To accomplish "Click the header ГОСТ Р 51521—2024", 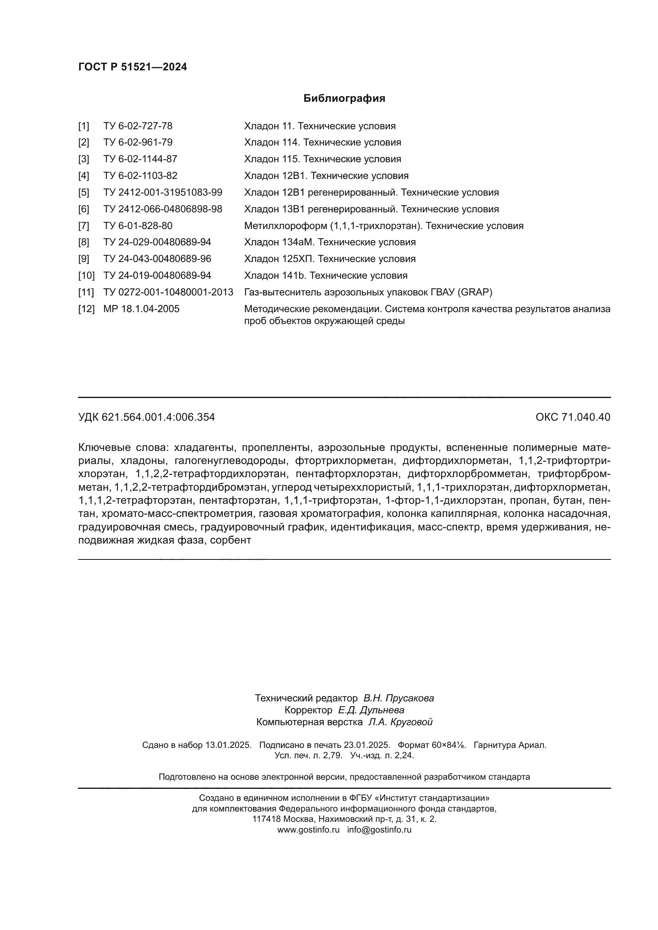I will (132, 67).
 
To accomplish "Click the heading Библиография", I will (344, 99).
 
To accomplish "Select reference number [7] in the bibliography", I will (84, 225).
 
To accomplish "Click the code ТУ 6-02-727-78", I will (138, 126).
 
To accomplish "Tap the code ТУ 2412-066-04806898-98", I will (162, 209).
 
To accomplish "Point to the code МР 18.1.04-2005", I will (141, 309).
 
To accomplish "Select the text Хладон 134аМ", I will (279, 242).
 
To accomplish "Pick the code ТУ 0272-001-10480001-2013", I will (168, 292).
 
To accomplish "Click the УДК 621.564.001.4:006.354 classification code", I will (146, 417).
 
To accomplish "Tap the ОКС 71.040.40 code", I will (572, 417).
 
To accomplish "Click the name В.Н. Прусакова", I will (398, 698).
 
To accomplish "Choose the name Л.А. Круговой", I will (400, 721).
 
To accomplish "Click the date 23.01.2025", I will (366, 745).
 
